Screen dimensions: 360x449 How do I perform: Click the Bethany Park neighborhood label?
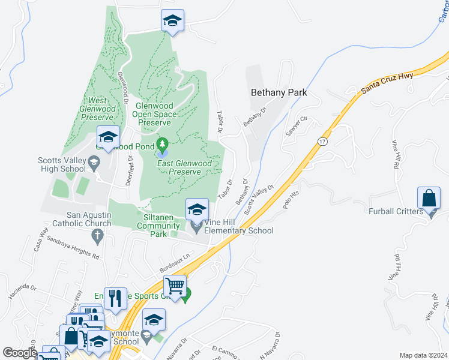click(279, 92)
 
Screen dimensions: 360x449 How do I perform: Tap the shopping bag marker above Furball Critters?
click(430, 197)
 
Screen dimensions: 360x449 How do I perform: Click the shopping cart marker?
click(175, 286)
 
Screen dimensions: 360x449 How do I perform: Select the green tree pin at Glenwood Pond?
click(161, 145)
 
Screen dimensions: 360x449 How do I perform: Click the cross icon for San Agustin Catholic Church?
click(98, 236)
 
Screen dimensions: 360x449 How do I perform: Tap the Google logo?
click(19, 353)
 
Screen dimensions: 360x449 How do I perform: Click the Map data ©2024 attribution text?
click(423, 355)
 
